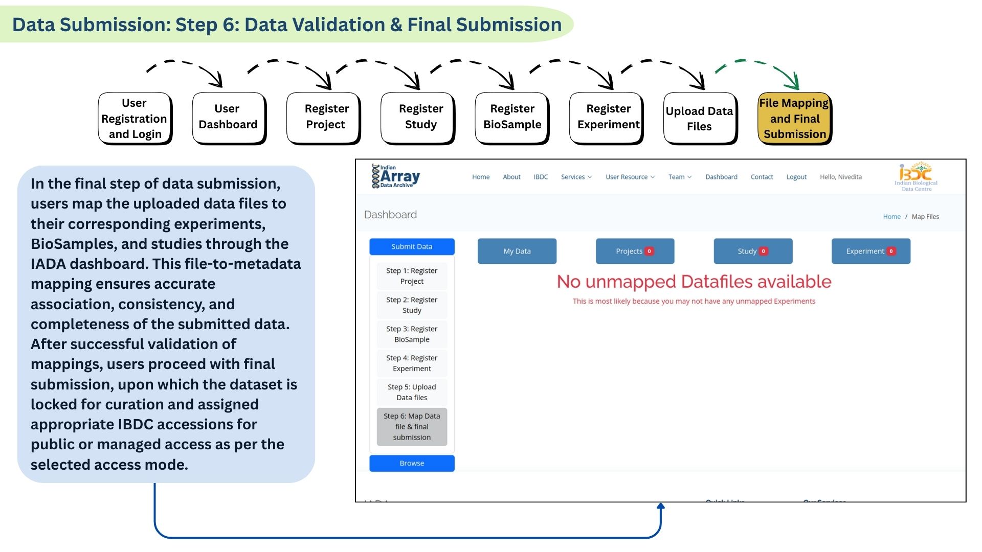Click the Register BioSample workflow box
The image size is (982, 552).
(x=512, y=117)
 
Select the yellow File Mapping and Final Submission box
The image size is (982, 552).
(x=794, y=118)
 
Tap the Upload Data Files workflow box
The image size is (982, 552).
(x=699, y=118)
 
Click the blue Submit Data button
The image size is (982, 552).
(x=412, y=246)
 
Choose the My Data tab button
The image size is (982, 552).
(x=517, y=251)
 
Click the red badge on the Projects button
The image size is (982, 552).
(x=649, y=251)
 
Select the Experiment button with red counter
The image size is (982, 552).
(x=870, y=251)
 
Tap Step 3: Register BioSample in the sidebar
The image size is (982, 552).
(x=412, y=334)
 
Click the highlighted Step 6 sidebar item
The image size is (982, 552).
(x=412, y=427)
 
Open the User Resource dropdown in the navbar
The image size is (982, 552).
(x=630, y=177)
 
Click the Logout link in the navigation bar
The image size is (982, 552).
(x=796, y=177)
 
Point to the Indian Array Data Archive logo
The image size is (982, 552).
(x=396, y=176)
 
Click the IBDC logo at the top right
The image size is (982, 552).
(x=916, y=177)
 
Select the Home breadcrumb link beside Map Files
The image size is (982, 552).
(x=891, y=217)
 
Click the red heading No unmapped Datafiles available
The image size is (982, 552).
(x=694, y=282)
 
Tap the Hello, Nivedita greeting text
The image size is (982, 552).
(x=840, y=177)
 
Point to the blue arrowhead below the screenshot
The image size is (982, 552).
(x=660, y=507)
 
